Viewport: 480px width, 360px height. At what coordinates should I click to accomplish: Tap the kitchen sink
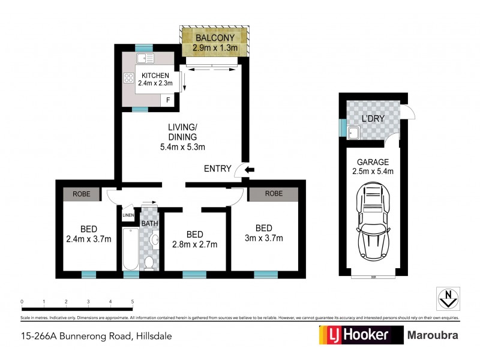(x=145, y=58)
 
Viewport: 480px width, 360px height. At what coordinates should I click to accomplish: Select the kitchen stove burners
(x=128, y=77)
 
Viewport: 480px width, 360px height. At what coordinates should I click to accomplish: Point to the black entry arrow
(x=250, y=170)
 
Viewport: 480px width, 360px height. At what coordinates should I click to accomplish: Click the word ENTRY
(x=217, y=169)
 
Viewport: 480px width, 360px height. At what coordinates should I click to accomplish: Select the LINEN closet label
(x=128, y=215)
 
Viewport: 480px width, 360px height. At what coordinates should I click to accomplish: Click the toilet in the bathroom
(x=149, y=262)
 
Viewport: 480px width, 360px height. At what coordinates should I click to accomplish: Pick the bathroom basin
(x=154, y=241)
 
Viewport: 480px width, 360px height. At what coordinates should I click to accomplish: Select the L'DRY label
(x=373, y=118)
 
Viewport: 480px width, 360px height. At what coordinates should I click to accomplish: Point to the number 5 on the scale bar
(x=132, y=302)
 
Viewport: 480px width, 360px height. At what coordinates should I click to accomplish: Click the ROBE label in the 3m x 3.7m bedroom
(x=274, y=194)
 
